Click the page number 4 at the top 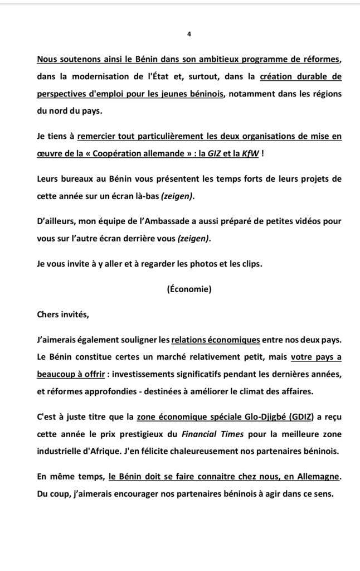[189, 34]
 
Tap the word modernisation [104, 77]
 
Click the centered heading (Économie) [189, 289]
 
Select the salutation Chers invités [62, 314]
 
